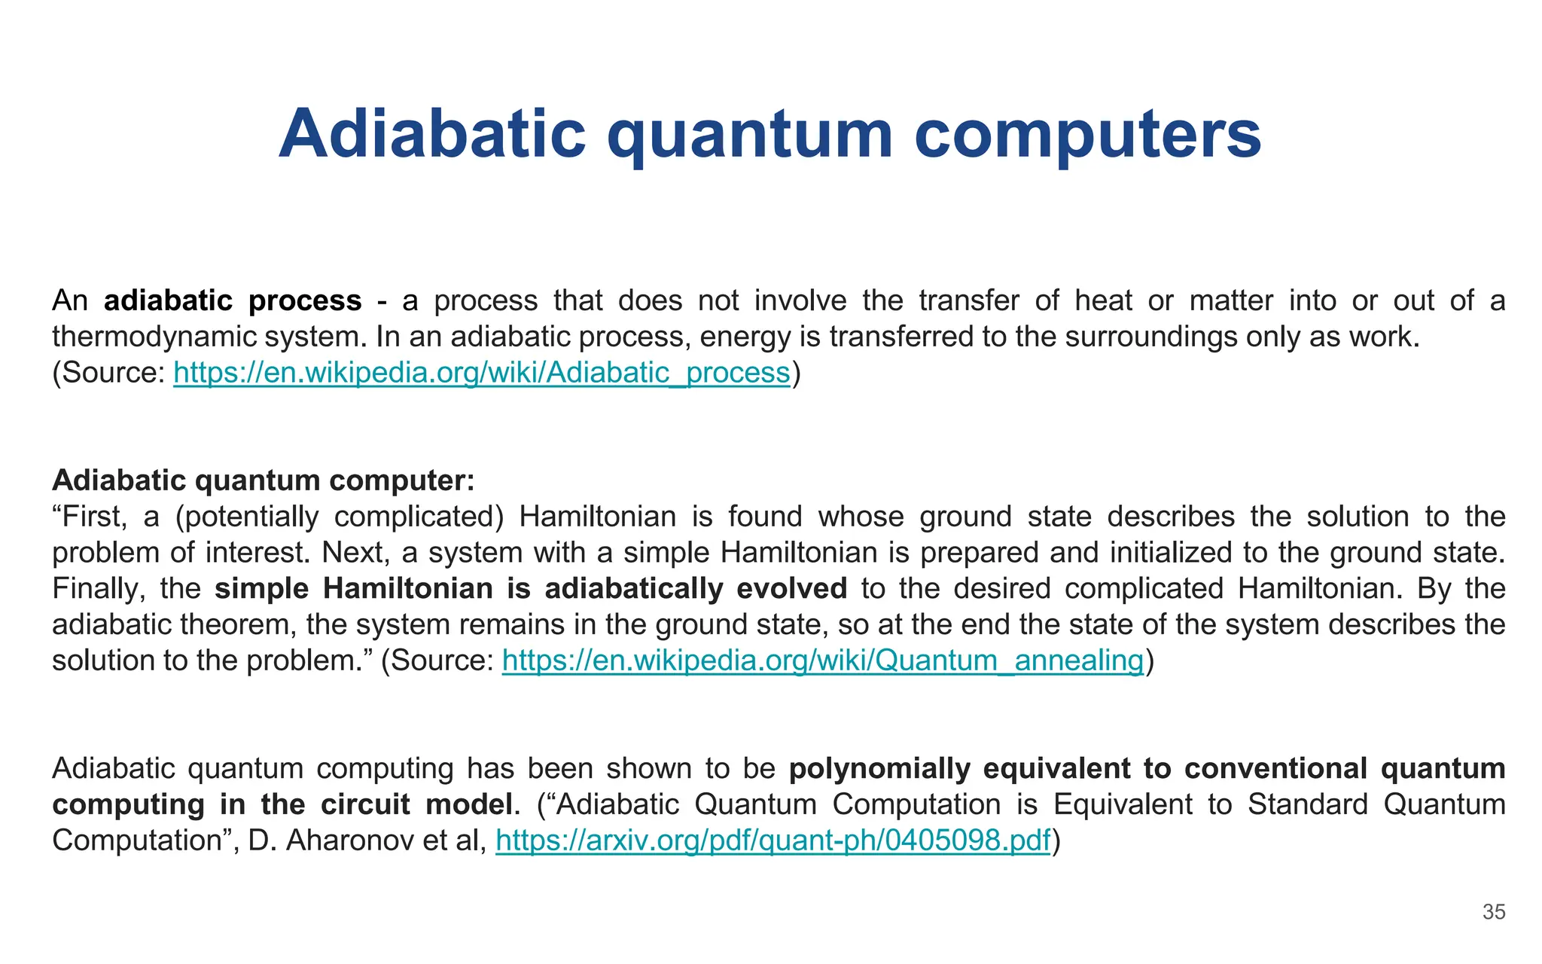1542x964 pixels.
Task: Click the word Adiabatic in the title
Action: pos(431,134)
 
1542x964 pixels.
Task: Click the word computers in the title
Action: pos(1088,134)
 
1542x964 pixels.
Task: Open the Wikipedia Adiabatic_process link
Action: pos(482,372)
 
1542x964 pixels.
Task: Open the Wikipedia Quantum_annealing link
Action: pos(823,660)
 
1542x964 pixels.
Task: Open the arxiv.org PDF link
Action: pos(773,840)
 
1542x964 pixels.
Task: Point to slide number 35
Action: pos(1494,912)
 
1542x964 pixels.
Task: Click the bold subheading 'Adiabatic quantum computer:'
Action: pos(264,480)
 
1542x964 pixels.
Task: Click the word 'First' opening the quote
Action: pos(85,517)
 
